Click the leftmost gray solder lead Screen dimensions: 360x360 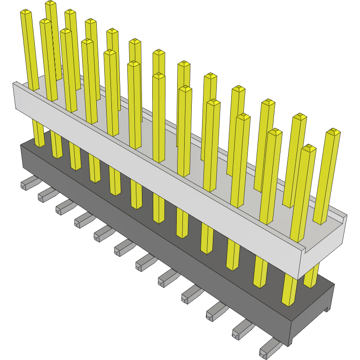[28, 183]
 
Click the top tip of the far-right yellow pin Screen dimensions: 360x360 [333, 132]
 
